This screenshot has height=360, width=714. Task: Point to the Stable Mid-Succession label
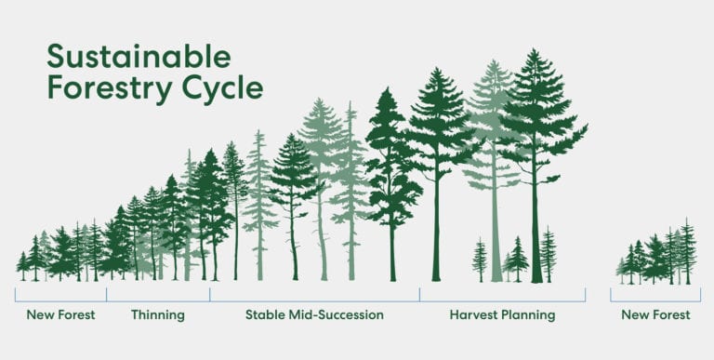(x=314, y=315)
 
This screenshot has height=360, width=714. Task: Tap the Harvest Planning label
(x=502, y=315)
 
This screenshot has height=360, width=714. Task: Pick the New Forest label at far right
(x=656, y=315)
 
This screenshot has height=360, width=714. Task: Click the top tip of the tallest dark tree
(x=535, y=50)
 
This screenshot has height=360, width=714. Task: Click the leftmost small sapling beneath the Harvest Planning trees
(x=480, y=260)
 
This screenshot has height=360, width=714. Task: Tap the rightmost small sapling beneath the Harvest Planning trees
(x=549, y=255)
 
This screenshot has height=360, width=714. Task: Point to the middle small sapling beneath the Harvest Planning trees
(x=516, y=260)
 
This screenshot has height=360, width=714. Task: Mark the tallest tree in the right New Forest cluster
(x=687, y=251)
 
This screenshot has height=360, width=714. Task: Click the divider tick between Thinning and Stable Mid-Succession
(x=210, y=294)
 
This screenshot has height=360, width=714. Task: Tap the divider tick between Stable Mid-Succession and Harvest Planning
(x=419, y=294)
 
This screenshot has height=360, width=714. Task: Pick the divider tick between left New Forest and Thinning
(x=107, y=294)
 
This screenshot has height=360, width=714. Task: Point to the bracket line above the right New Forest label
(x=656, y=300)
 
